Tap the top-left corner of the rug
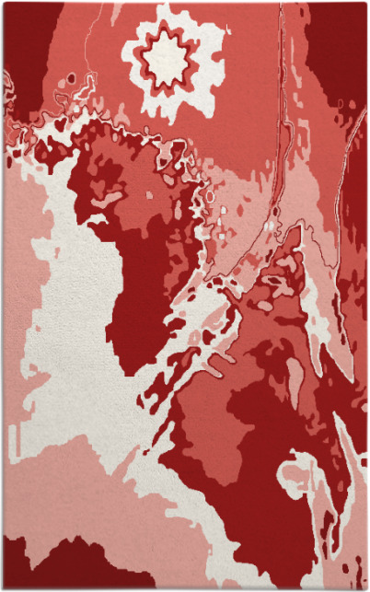(x=4, y=4)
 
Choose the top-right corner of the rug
(x=365, y=4)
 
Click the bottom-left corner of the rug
(x=4, y=587)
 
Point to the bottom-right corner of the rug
(x=365, y=587)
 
